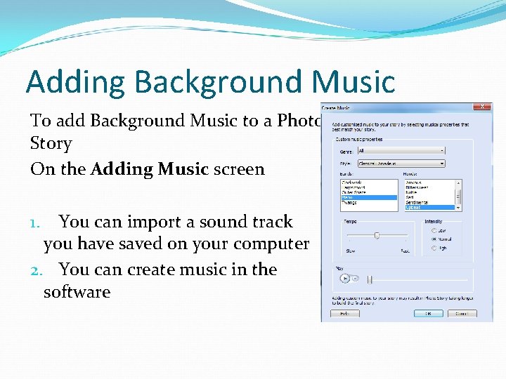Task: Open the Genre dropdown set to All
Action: point(401,150)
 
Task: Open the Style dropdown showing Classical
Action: point(401,164)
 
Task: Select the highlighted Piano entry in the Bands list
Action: point(369,198)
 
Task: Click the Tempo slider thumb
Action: point(377,235)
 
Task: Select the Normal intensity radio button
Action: point(434,239)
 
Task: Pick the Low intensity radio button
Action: point(434,230)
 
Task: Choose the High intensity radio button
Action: point(434,248)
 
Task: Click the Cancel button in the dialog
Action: point(461,314)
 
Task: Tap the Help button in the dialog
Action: point(345,314)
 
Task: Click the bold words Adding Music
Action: point(149,169)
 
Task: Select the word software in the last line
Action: point(77,292)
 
